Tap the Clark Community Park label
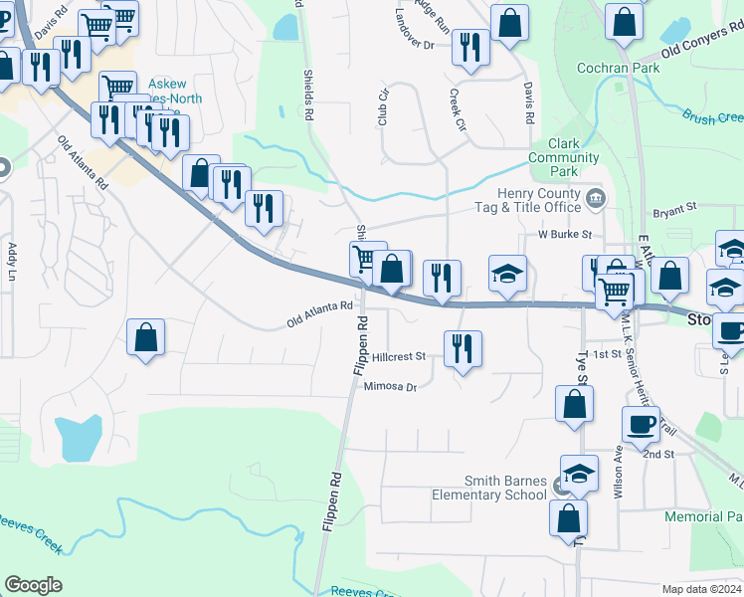[x=564, y=158]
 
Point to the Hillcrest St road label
[x=400, y=356]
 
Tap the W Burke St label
[x=565, y=235]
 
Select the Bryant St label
[x=675, y=211]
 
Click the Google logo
[x=33, y=585]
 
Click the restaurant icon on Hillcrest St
[x=462, y=349]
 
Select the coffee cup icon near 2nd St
[x=641, y=425]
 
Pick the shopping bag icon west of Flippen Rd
[x=146, y=336]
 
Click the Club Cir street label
[x=381, y=108]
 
